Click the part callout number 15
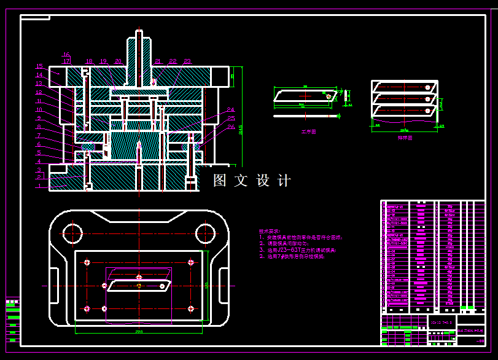(x=39, y=66)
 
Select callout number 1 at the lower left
(x=39, y=186)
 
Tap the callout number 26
(x=231, y=127)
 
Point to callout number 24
(x=231, y=109)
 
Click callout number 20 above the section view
(x=118, y=61)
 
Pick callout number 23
(x=187, y=61)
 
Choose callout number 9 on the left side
(x=39, y=118)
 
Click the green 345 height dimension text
(x=240, y=130)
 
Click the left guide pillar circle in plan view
(x=72, y=233)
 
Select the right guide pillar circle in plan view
(x=206, y=233)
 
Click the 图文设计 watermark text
(x=252, y=181)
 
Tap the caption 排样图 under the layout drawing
(x=405, y=138)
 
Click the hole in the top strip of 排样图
(x=426, y=87)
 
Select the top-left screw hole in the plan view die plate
(x=87, y=262)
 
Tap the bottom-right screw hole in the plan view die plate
(x=192, y=308)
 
